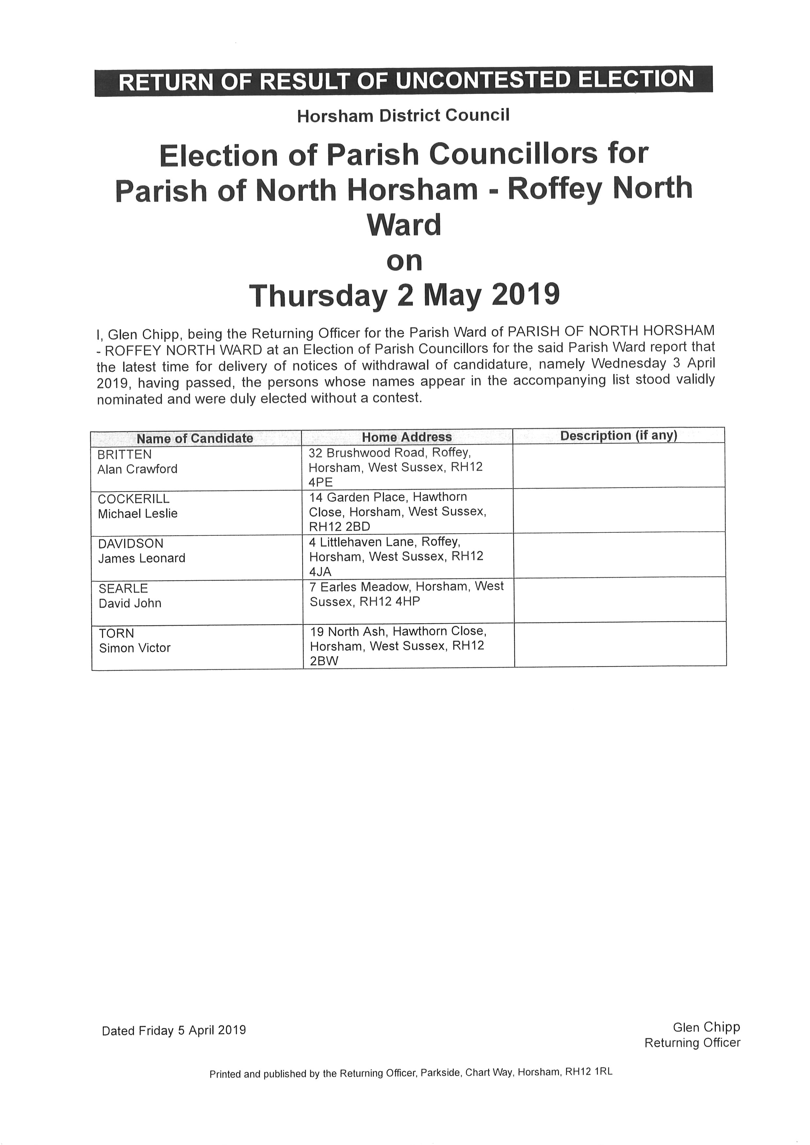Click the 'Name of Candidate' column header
[x=195, y=438]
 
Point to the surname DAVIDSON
[x=131, y=544]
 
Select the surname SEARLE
[x=123, y=588]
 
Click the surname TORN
[x=117, y=633]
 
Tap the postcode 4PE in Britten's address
[x=321, y=482]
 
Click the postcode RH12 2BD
[x=340, y=527]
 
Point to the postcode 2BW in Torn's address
[x=324, y=661]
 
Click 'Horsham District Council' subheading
[x=403, y=116]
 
